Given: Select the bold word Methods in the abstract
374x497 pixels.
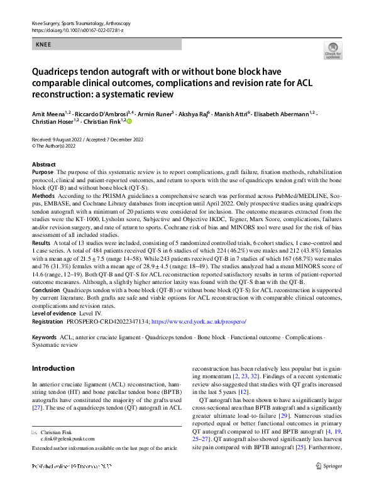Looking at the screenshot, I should pos(43,197).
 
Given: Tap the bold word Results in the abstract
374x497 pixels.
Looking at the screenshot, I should pos(41,242).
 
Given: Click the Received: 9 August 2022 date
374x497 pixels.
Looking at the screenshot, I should pos(58,139).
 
